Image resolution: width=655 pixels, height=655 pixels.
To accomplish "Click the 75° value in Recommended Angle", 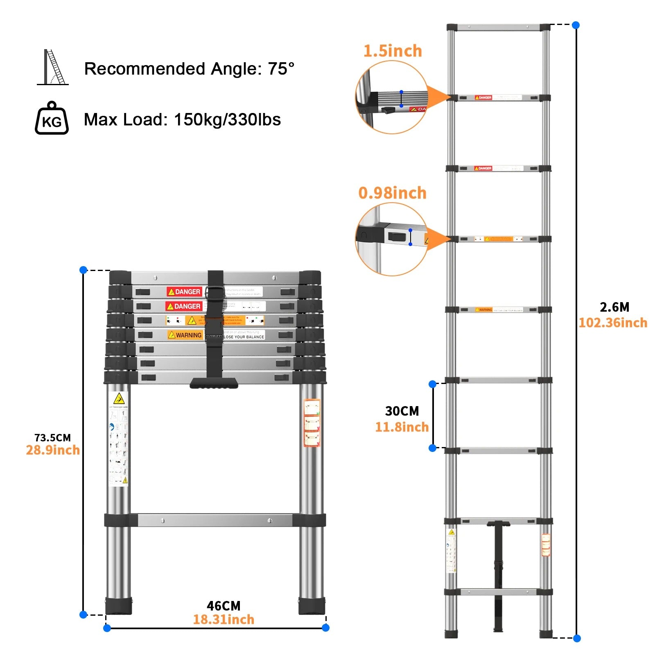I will (281, 69).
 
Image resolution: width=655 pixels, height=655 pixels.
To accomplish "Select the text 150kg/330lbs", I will (227, 120).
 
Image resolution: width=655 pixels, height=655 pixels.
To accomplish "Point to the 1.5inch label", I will (392, 51).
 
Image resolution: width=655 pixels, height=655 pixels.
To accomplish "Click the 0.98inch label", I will (392, 193).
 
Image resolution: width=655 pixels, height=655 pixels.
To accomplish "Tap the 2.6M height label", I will (614, 307).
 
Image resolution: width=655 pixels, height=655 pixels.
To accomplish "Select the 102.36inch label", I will (612, 323).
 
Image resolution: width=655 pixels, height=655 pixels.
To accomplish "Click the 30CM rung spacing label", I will (402, 411).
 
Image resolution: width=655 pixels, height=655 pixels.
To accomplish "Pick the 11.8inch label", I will (402, 427).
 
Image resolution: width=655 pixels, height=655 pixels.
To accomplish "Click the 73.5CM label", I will (52, 438).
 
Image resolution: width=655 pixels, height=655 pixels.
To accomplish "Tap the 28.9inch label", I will (53, 450).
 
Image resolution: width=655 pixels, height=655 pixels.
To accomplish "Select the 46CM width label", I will (224, 605).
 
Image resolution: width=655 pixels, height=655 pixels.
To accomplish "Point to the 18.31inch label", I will (224, 620).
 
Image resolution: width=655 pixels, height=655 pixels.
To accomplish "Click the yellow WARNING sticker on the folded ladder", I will (185, 335).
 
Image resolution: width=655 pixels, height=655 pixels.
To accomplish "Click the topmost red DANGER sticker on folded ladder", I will (184, 291).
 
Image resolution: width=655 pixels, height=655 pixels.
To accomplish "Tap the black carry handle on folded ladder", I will (214, 383).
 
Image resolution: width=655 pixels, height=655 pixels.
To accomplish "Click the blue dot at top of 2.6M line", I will (576, 25).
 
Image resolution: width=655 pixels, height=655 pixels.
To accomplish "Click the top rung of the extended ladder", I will (498, 28).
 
